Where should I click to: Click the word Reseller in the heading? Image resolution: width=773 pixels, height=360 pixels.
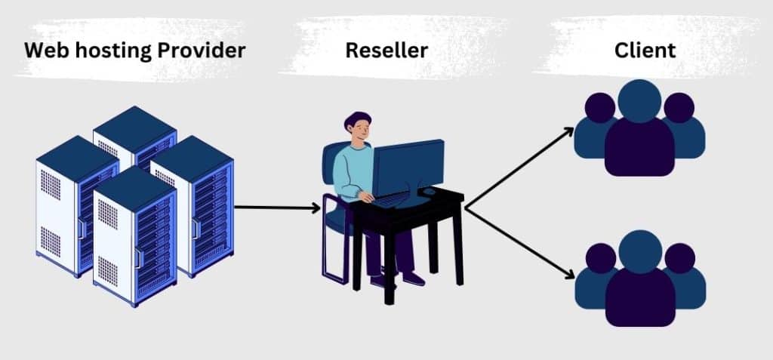tap(386, 51)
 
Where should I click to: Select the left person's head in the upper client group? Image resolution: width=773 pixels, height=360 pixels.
tap(600, 108)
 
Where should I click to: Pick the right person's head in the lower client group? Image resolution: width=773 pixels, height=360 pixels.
tap(679, 258)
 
